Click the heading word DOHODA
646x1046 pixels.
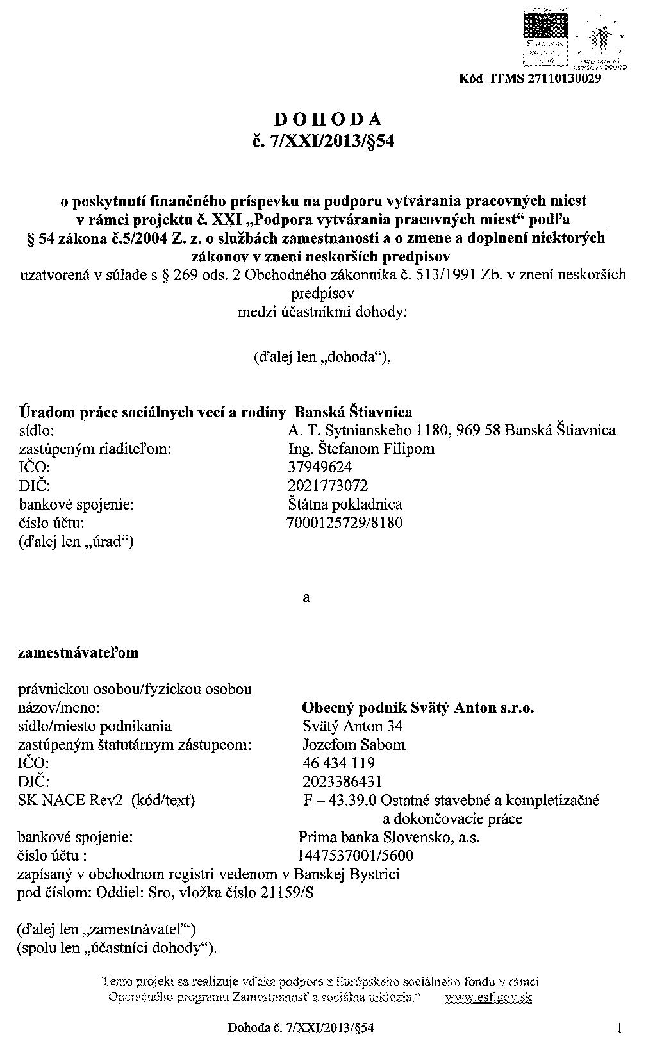pyautogui.click(x=328, y=119)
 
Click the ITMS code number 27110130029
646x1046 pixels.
pyautogui.click(x=564, y=79)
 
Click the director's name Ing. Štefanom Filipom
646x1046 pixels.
pyautogui.click(x=361, y=449)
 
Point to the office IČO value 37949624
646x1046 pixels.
pyautogui.click(x=320, y=467)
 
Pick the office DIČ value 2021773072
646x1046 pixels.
pyautogui.click(x=328, y=486)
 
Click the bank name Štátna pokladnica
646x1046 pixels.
pyautogui.click(x=345, y=504)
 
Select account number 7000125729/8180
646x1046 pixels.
pyautogui.click(x=345, y=523)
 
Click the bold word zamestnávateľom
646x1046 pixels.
pyautogui.click(x=78, y=653)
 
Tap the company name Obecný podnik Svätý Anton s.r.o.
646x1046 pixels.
pyautogui.click(x=418, y=708)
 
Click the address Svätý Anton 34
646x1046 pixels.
pyautogui.click(x=352, y=727)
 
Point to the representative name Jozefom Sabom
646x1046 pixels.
pyautogui.click(x=354, y=745)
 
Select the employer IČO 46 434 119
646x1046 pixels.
pyautogui.click(x=338, y=763)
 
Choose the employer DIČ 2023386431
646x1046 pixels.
pyautogui.click(x=342, y=782)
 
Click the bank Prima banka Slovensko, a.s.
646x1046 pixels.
pyautogui.click(x=389, y=837)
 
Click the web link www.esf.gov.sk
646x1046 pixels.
pyautogui.click(x=488, y=998)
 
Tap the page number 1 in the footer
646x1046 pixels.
pyautogui.click(x=619, y=1029)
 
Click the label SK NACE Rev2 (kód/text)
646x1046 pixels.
pyautogui.click(x=106, y=801)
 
